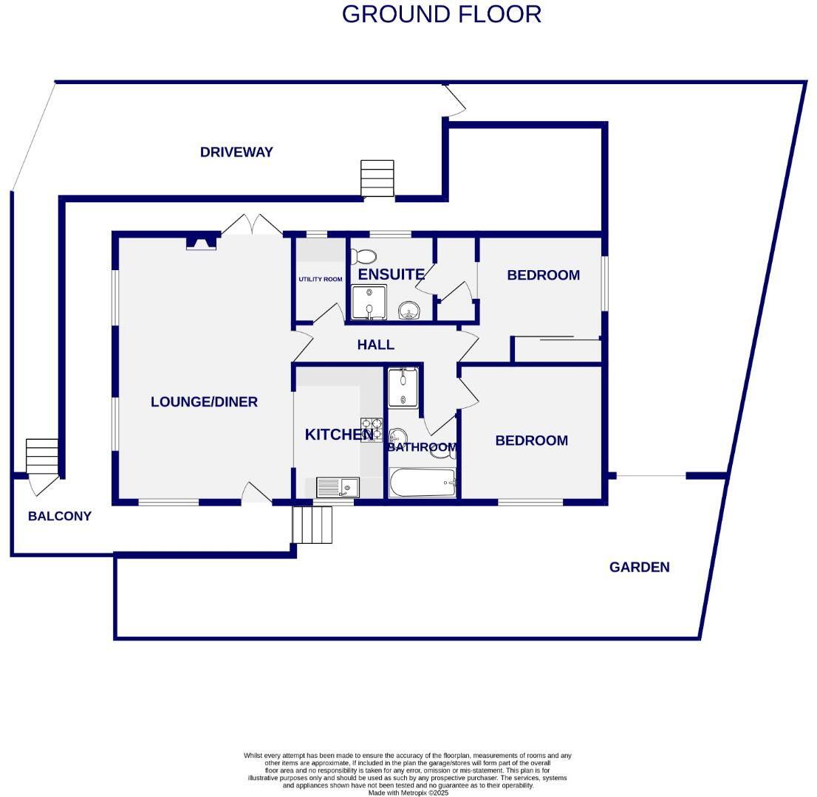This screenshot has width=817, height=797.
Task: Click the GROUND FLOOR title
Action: click(x=441, y=14)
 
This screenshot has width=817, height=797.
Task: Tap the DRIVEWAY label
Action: click(x=236, y=152)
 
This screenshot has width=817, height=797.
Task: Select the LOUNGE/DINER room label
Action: click(x=204, y=402)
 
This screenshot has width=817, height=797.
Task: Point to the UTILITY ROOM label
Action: click(x=321, y=280)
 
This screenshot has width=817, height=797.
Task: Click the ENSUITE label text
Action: click(x=391, y=275)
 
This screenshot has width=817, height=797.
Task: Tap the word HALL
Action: click(x=375, y=345)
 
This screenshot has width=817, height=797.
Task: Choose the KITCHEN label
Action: click(x=338, y=435)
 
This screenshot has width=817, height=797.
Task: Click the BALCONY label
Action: click(x=60, y=517)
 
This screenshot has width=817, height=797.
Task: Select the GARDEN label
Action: click(x=639, y=567)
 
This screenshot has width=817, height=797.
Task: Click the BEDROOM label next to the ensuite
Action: click(x=543, y=275)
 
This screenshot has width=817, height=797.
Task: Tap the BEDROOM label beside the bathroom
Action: click(x=531, y=441)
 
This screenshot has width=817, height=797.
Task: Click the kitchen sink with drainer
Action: click(x=338, y=487)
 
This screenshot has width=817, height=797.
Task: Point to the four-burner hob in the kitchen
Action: click(x=371, y=429)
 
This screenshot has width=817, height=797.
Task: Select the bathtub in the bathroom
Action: click(x=423, y=483)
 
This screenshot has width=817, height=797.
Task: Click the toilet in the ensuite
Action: click(x=363, y=256)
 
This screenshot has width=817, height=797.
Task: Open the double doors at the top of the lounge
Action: click(x=252, y=225)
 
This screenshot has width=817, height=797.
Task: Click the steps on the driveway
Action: click(x=377, y=178)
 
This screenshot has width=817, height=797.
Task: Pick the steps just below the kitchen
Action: click(x=312, y=524)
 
